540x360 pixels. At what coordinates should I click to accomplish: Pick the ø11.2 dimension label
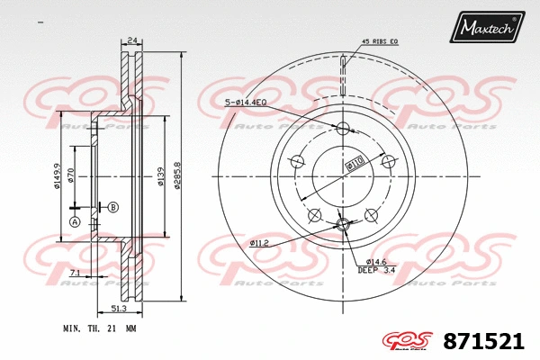[x=261, y=243]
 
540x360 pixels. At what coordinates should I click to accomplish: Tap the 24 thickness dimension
[x=133, y=40]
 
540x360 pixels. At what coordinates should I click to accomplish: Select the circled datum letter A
[x=75, y=221]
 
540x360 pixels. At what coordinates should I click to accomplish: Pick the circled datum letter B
[x=112, y=207]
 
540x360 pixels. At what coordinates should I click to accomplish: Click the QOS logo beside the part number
[x=409, y=341]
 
